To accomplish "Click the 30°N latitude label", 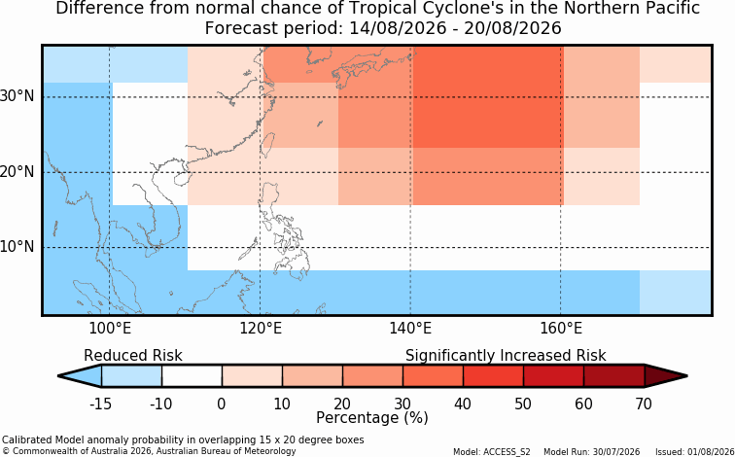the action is point(17,97).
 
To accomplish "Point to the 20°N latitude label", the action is point(17,172).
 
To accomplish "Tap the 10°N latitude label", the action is point(17,247).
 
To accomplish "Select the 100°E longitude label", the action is point(110,329).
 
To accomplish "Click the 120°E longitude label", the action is point(261,329).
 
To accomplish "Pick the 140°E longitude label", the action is point(410,329).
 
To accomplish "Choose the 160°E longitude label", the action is point(561,329).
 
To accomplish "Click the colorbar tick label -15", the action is point(100,404).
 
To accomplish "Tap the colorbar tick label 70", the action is point(644,404).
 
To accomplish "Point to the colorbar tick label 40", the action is point(463,404).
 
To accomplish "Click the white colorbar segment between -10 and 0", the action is point(192,376).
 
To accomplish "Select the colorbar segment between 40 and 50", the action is point(493,376).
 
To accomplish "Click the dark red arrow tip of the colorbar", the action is point(686,376).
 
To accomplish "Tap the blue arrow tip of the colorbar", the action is point(59,376).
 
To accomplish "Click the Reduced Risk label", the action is point(133,355).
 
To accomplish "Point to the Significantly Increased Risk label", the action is point(506,356).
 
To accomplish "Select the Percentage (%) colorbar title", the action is point(372,417).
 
